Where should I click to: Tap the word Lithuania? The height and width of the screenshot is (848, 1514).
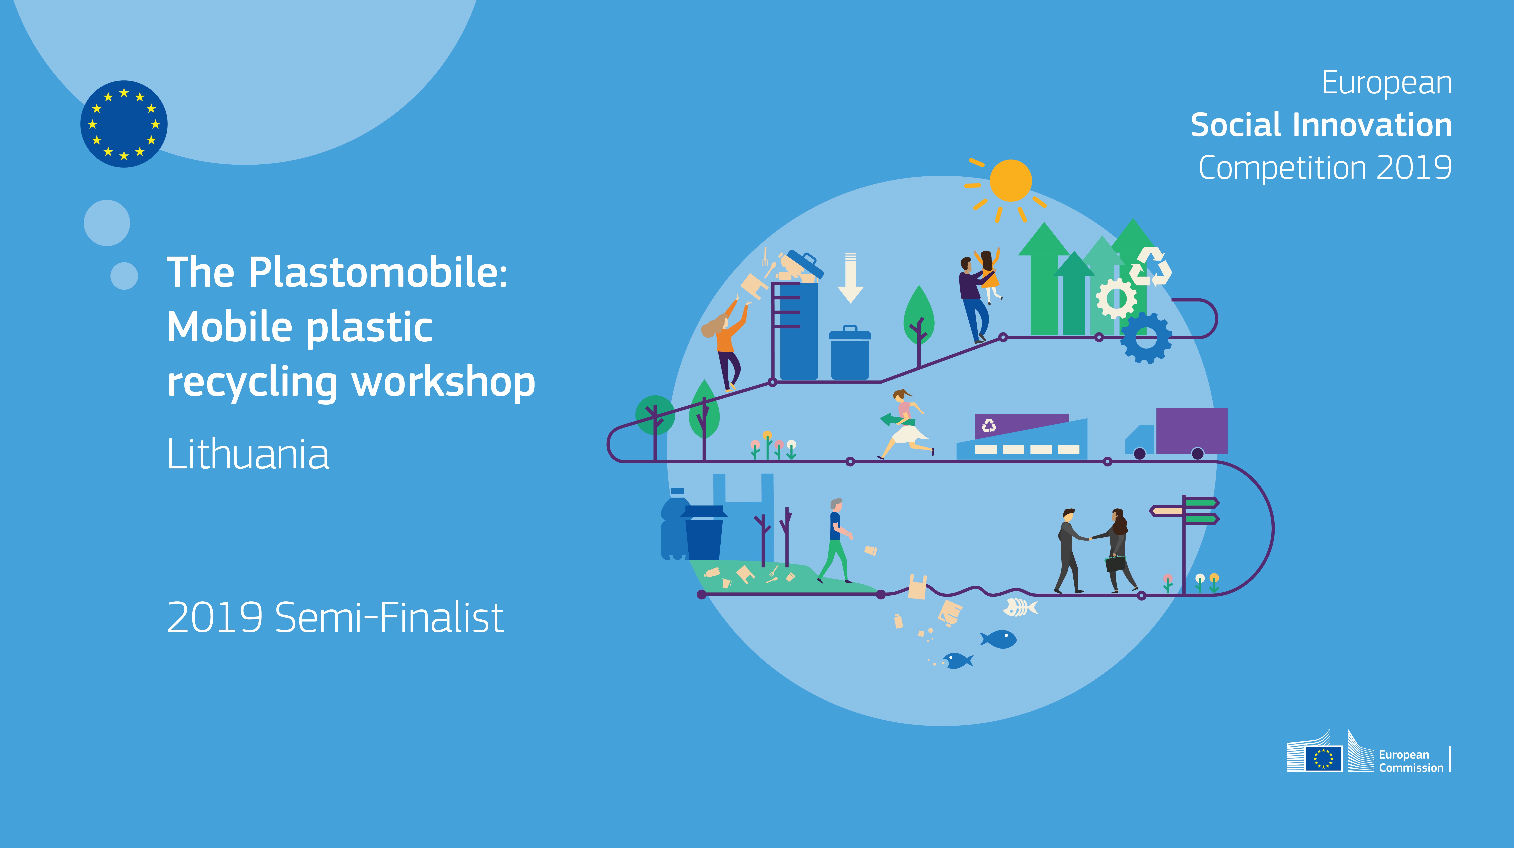[248, 454]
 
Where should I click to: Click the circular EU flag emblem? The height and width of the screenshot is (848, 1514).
[124, 124]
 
